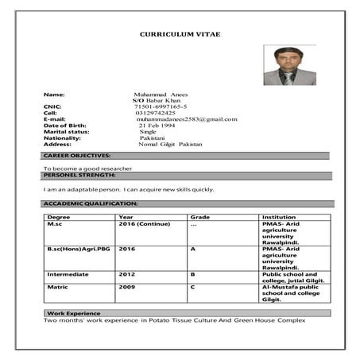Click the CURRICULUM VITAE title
pos(180,34)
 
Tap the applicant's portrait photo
pos(289,65)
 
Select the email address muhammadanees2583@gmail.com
pos(187,119)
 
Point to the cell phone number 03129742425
pos(156,113)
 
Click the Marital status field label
pos(66,132)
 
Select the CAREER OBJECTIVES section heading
pos(76,156)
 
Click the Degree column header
pos(59,217)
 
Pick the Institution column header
pos(279,217)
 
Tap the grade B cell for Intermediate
pos(192,274)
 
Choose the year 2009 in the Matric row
pos(127,286)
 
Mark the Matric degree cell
pos(57,286)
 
